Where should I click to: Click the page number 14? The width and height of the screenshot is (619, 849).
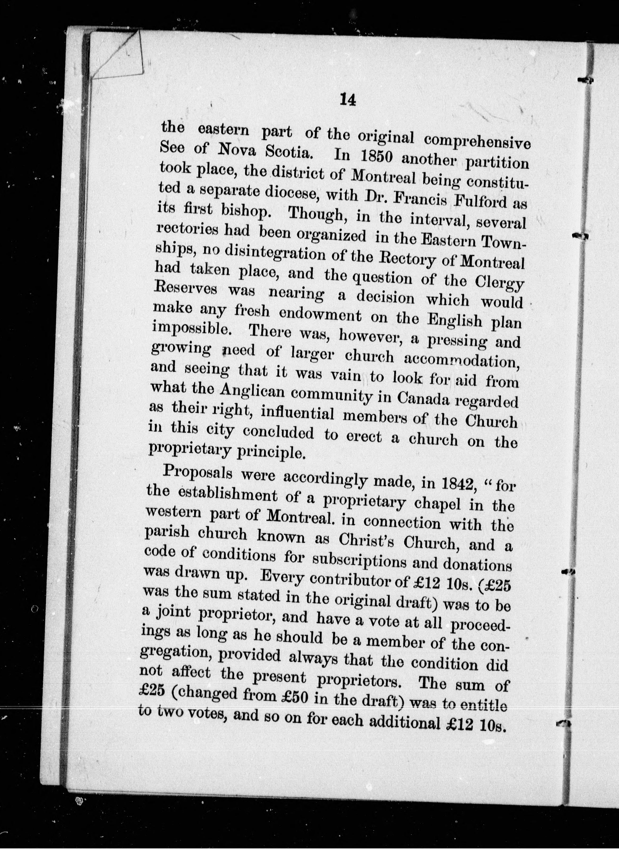pyautogui.click(x=347, y=101)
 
